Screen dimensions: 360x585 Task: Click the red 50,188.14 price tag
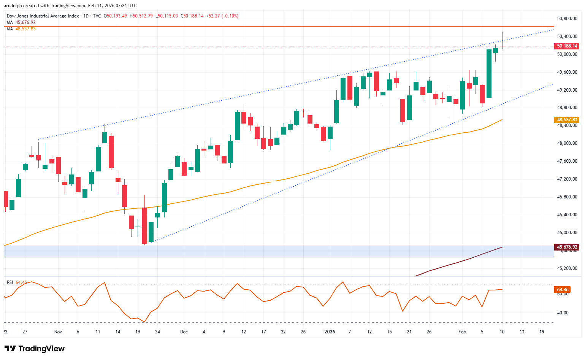tap(567, 46)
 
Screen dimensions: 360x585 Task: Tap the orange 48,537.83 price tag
tap(567, 120)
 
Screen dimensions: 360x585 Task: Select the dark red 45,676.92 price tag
tap(567, 247)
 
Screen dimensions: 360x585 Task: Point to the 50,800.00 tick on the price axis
tap(567, 19)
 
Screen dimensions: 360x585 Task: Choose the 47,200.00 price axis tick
tap(567, 179)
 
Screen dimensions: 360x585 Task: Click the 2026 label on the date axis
tap(330, 332)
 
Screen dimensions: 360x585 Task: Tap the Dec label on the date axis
tap(184, 332)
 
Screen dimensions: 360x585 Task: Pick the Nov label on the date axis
tap(58, 332)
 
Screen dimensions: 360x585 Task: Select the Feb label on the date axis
tap(462, 332)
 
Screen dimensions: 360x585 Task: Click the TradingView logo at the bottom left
tap(35, 349)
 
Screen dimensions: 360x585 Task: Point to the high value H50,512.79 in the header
tap(141, 16)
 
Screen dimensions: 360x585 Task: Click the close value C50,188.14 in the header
tap(192, 16)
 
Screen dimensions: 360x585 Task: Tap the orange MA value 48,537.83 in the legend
tap(25, 29)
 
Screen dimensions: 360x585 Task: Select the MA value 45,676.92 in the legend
tap(25, 22)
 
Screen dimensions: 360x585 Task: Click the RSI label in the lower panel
tap(10, 282)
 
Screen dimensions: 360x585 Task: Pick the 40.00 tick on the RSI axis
tap(563, 313)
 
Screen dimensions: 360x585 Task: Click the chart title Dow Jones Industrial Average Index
tap(43, 16)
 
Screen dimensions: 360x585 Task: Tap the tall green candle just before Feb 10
tap(489, 73)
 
